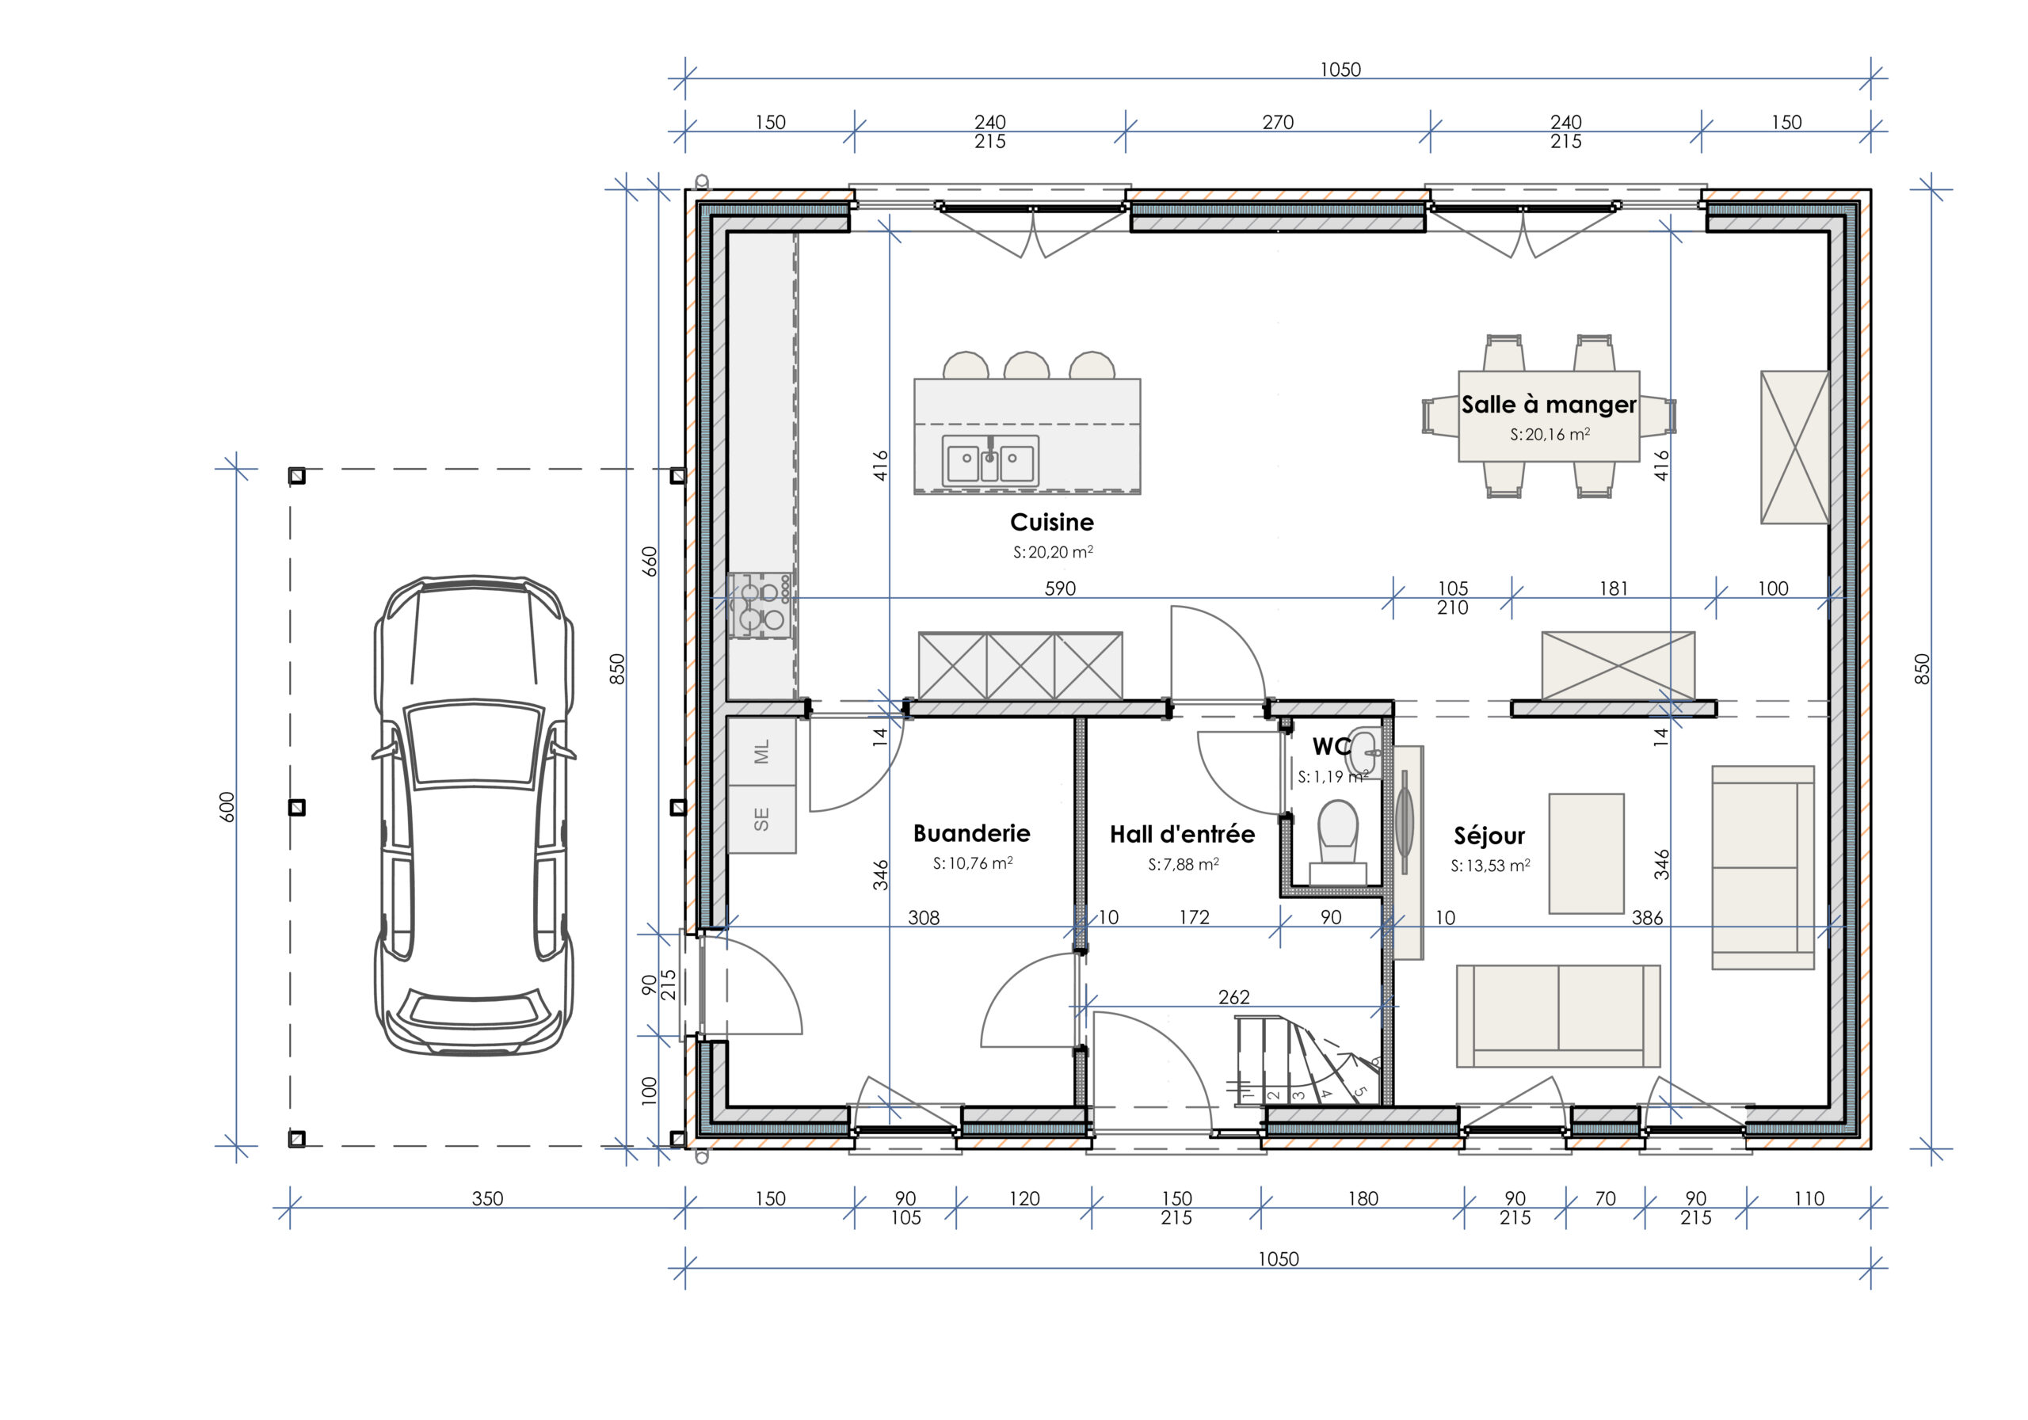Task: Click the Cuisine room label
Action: coord(1051,522)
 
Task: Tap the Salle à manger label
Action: coord(1549,405)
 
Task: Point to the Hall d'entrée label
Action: coord(1182,835)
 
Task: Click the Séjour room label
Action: coord(1489,836)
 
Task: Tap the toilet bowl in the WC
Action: coord(1337,830)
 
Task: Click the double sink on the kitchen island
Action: coord(990,460)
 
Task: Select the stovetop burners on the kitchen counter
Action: coord(761,605)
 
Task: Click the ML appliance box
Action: coord(761,752)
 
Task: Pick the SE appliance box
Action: coord(761,820)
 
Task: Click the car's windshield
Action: coord(475,742)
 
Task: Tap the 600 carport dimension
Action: coord(227,806)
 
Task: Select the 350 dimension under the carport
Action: coord(486,1198)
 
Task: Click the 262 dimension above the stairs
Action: coord(1234,997)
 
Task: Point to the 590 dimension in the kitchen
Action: coord(1060,588)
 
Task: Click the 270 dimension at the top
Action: coord(1277,122)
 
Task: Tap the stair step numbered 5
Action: coord(1361,1091)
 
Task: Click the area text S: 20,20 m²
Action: coord(1053,552)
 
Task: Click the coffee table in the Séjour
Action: coord(1587,853)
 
